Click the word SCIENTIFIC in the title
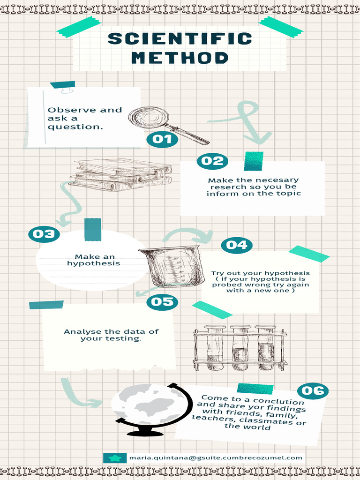pos(180,39)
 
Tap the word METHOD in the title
pos(180,58)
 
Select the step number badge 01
pos(162,139)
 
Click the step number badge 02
pos(212,161)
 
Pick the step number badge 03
pos(44,234)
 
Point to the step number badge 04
pos(237,245)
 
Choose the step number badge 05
pos(162,302)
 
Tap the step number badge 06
pos(313,391)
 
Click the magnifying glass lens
pos(149,117)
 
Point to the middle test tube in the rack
pos(240,348)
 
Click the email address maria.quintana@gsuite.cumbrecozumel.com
pos(216,457)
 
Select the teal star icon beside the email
pos(115,458)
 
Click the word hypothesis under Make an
pos(93,263)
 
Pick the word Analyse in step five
pos(77,332)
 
